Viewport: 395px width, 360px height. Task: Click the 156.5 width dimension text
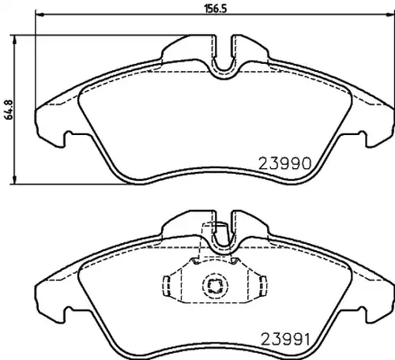216,9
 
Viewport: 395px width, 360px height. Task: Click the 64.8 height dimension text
9,110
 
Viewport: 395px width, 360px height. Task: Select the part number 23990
285,163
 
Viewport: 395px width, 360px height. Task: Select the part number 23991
285,339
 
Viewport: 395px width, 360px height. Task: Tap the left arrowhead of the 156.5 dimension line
39,14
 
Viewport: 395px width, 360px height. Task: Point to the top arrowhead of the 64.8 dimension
15,39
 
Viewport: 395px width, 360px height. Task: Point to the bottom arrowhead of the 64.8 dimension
15,180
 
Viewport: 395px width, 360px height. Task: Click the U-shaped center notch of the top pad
224,69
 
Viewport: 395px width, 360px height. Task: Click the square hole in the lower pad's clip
215,286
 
